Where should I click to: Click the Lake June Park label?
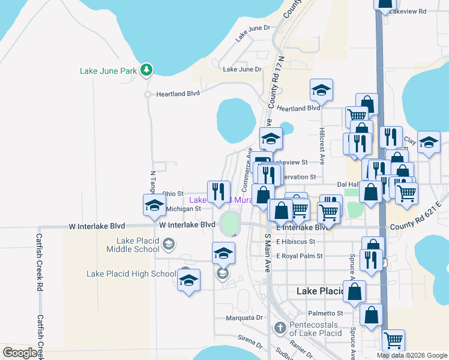[109, 71]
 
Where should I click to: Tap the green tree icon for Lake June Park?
[146, 71]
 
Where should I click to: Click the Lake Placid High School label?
[131, 274]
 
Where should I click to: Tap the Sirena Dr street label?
[250, 342]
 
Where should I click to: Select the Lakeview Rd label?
[408, 11]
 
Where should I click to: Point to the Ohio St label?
[173, 193]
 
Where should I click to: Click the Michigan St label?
[182, 209]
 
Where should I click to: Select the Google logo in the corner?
[20, 353]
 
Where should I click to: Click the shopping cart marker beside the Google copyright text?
[393, 341]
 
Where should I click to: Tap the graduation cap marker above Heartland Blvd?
[321, 91]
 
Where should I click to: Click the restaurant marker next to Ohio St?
[218, 192]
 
